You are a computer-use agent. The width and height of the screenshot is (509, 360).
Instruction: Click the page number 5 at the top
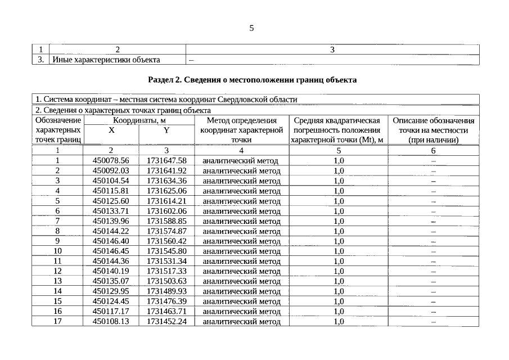[252, 28]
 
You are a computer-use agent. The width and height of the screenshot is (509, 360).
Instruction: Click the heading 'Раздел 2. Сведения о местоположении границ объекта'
[253, 80]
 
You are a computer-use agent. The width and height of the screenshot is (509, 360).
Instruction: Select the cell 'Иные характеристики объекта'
[106, 60]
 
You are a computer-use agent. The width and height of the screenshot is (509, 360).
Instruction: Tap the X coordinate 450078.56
[111, 160]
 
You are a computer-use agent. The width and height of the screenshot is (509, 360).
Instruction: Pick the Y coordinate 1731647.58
[166, 160]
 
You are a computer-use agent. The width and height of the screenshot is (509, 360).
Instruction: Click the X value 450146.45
[111, 251]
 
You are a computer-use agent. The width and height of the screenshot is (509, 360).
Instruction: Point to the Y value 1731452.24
[166, 321]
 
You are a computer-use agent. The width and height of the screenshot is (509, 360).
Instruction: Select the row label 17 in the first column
[57, 321]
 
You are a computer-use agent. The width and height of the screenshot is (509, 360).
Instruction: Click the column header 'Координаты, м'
[139, 120]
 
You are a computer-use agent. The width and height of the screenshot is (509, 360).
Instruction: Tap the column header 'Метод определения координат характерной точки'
[241, 130]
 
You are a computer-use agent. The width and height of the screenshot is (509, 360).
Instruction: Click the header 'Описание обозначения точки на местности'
[433, 130]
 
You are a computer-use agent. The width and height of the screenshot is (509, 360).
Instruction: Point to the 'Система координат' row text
[166, 100]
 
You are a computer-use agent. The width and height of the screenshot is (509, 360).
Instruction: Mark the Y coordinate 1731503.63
[166, 281]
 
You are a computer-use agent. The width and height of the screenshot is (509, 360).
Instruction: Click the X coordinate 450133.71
[111, 211]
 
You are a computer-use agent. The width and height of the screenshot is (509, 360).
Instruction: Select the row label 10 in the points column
[57, 251]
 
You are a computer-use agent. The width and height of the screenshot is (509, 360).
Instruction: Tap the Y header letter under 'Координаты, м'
[166, 130]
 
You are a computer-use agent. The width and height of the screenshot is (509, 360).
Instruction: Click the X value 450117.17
[111, 311]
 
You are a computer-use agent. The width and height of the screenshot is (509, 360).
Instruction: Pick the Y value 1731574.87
[166, 231]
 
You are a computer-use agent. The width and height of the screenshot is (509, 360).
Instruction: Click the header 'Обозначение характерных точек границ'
[58, 130]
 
